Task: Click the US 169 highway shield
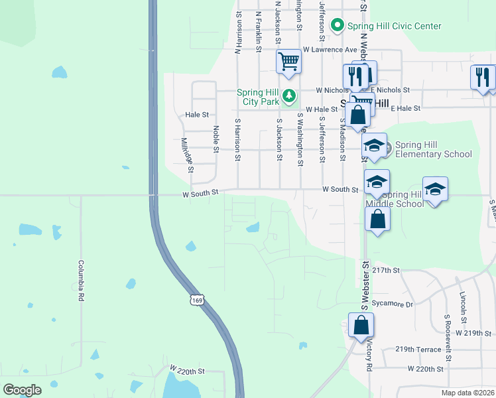click(196, 300)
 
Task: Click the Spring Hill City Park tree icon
click(289, 97)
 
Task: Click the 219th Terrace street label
click(418, 349)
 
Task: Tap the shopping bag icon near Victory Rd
click(361, 326)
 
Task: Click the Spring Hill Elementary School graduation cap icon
click(375, 145)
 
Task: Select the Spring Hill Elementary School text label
click(434, 150)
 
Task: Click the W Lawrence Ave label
click(330, 49)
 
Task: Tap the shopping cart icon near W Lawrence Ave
click(289, 61)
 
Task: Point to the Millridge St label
click(187, 155)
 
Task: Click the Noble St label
click(216, 140)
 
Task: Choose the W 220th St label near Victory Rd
click(425, 368)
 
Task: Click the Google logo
click(23, 390)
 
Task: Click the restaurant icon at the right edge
click(482, 77)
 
